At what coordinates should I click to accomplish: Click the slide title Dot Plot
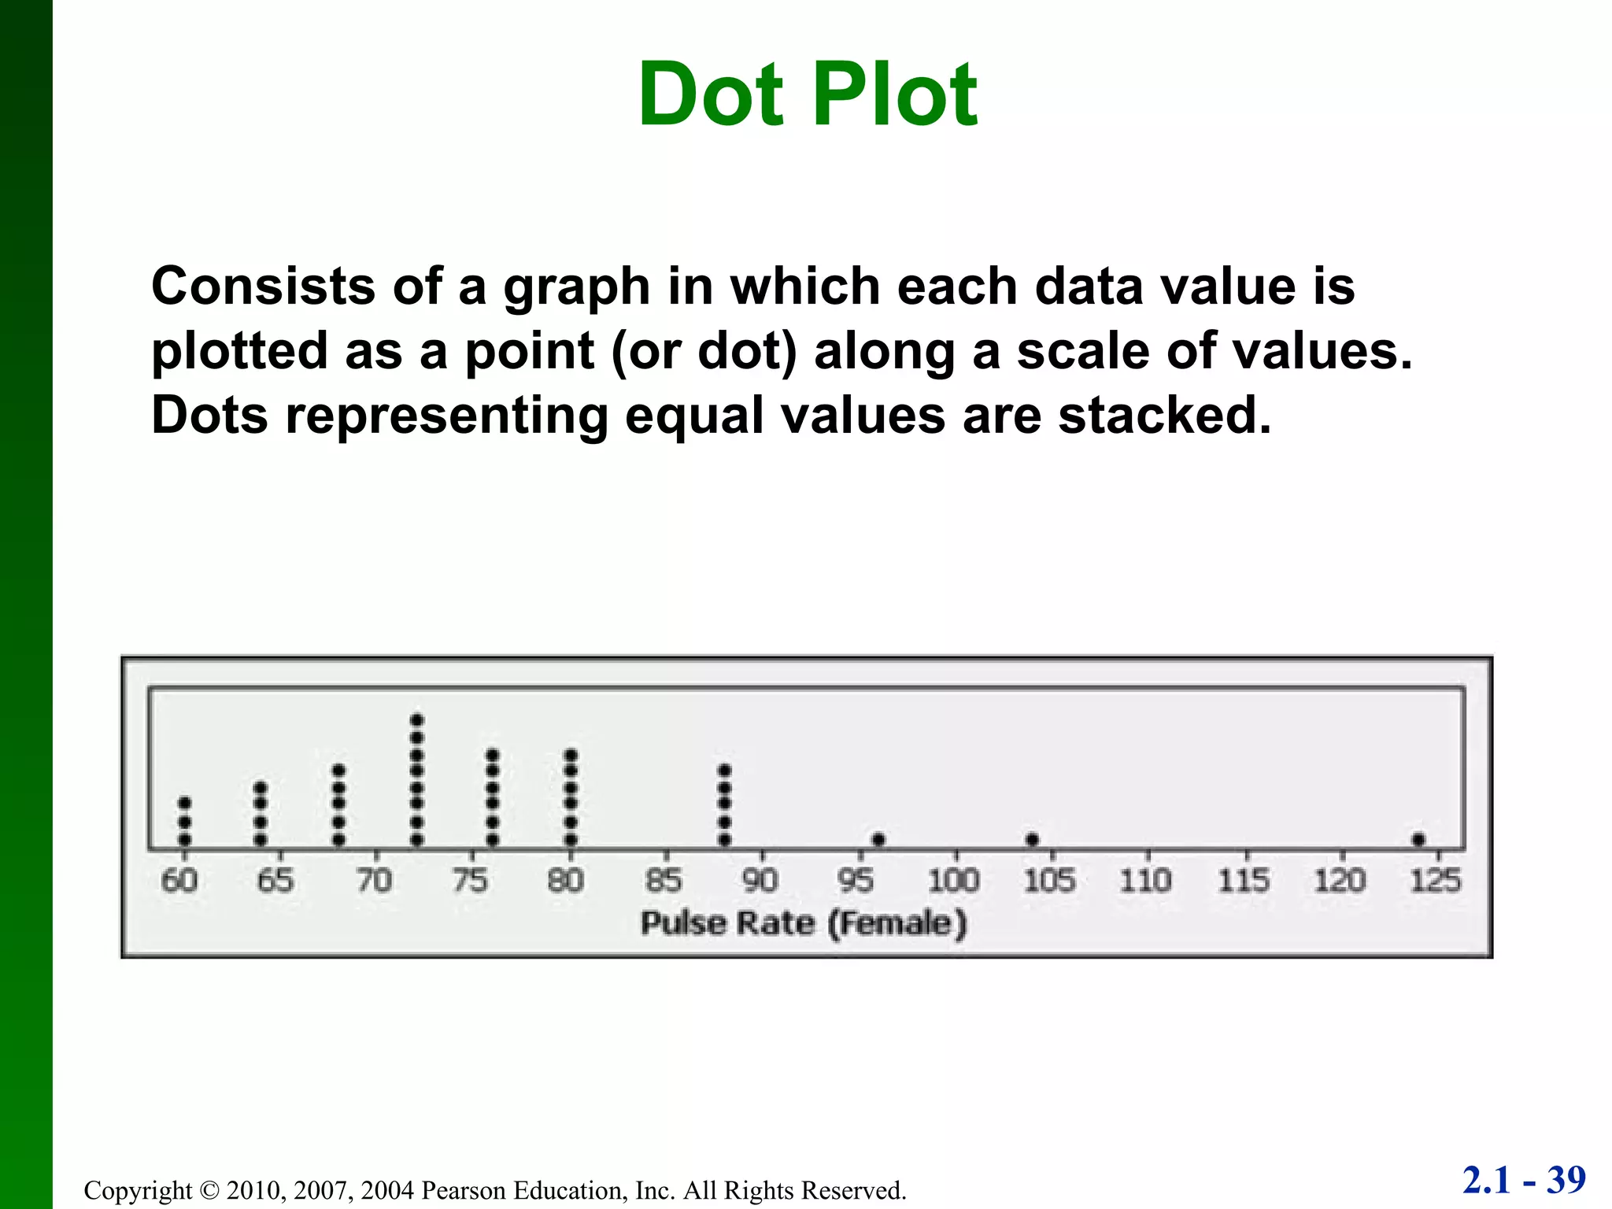[808, 95]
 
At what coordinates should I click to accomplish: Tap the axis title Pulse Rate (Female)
[804, 922]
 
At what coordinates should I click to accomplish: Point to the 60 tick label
[179, 880]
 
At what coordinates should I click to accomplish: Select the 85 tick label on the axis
[664, 880]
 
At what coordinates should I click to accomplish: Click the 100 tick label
[953, 880]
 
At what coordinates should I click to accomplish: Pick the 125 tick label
[1436, 880]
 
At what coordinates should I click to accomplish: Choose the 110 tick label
[1146, 880]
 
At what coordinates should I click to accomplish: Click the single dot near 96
[879, 840]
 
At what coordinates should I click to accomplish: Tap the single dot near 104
[1033, 840]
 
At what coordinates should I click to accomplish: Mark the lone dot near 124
[1418, 840]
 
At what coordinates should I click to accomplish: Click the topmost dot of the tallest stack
[417, 720]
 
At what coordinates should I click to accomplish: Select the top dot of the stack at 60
[185, 803]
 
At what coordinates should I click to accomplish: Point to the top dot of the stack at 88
[725, 770]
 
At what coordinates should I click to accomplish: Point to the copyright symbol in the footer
[209, 1190]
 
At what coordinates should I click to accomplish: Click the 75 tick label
[470, 880]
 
